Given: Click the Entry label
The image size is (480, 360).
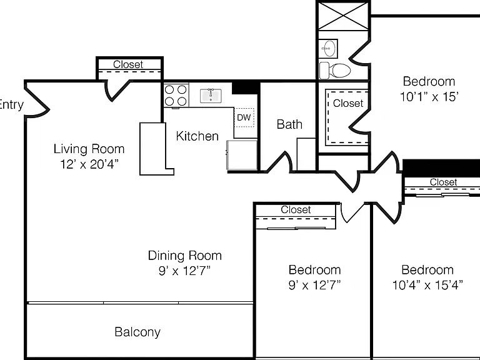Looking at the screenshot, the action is click(x=11, y=105).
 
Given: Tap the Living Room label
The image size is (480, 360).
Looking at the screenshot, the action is click(x=89, y=149).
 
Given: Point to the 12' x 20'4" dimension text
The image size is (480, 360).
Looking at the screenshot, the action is click(x=89, y=164).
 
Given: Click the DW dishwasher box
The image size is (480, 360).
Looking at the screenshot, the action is click(x=244, y=117).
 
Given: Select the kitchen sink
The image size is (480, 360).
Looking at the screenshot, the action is click(x=211, y=96).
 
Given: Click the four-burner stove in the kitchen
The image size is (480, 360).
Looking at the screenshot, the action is click(x=176, y=95).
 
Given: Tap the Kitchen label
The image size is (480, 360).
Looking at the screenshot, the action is click(x=197, y=136).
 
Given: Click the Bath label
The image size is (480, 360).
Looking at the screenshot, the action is click(x=289, y=124).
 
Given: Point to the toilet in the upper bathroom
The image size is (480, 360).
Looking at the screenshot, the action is click(x=335, y=71).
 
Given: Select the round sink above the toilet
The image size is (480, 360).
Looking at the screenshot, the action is click(x=329, y=48).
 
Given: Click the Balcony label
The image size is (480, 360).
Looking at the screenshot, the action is click(x=137, y=332).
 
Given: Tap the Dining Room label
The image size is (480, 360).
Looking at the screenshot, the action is click(x=184, y=256).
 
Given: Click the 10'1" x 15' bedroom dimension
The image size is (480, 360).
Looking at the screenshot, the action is click(x=429, y=97).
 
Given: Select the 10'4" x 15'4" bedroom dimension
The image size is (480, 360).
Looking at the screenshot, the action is click(x=427, y=285).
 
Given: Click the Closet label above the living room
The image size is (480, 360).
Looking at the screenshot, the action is click(x=128, y=64).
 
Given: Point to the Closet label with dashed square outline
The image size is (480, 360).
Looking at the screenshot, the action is click(x=348, y=104).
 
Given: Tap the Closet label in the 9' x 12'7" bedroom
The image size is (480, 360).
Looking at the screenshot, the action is click(x=296, y=210).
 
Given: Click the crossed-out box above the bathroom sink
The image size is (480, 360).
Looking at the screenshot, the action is click(x=343, y=16).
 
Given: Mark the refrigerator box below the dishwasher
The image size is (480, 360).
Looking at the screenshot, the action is click(x=242, y=155).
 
